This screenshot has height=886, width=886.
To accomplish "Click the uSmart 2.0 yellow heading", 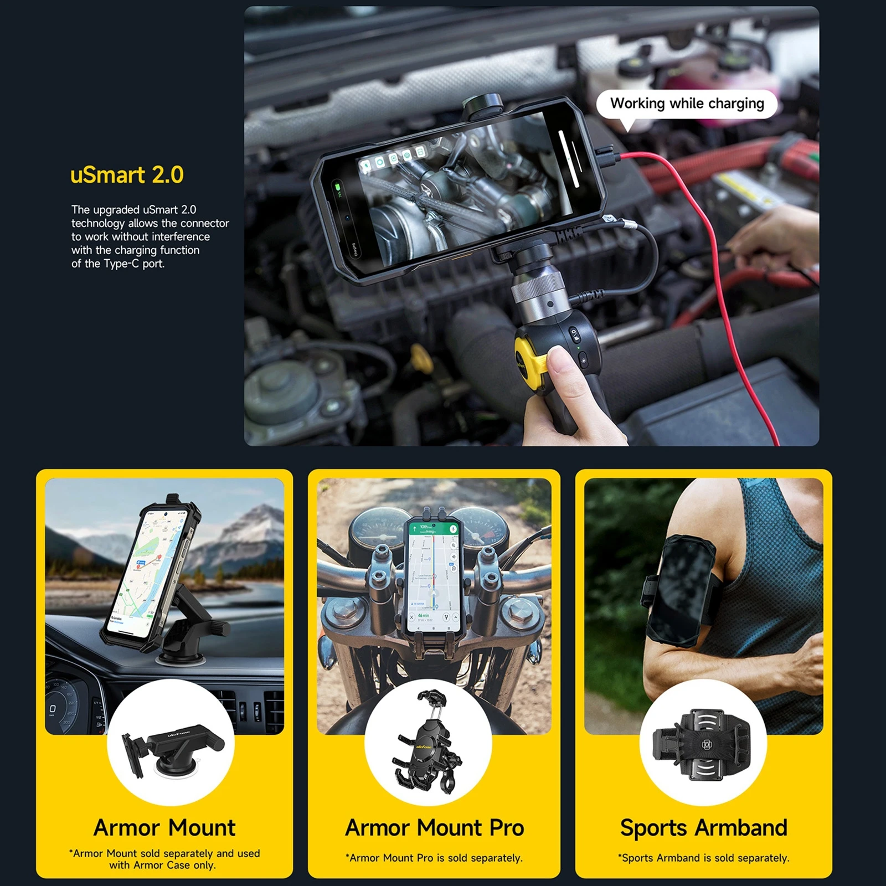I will coord(127,175).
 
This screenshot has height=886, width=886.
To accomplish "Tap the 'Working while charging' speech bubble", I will coord(687,104).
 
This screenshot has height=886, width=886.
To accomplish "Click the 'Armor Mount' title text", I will coord(164,828).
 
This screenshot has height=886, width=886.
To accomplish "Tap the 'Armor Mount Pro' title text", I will coord(434,828).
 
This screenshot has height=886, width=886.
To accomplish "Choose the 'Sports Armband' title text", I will coord(703,828).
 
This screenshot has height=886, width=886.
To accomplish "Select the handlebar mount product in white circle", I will coord(428,742).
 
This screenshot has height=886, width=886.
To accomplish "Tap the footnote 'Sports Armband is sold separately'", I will coord(703,858).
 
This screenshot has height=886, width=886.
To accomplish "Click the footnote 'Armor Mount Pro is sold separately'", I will coord(434,858).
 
